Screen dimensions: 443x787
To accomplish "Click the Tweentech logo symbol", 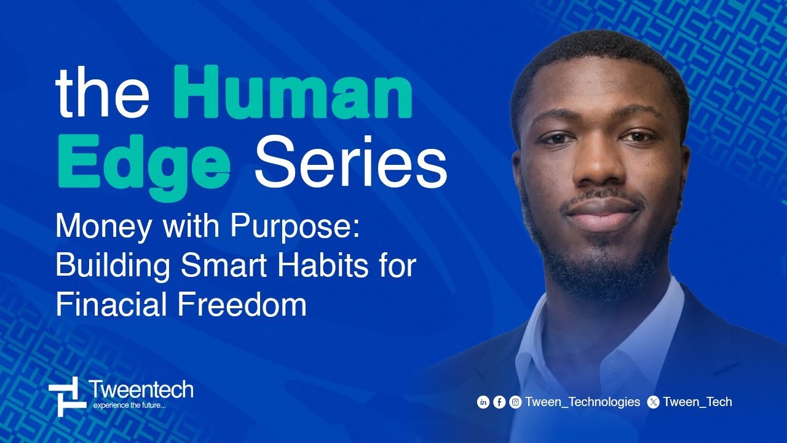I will click(67, 394).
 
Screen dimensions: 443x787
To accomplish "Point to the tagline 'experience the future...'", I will click(129, 405).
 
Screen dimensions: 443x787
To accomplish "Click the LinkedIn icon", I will click(483, 402).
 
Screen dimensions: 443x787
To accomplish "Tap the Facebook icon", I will click(499, 402).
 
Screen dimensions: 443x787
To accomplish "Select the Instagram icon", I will click(515, 402).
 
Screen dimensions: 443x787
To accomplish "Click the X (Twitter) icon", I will click(654, 402).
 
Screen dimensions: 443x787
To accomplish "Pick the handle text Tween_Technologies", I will click(583, 402).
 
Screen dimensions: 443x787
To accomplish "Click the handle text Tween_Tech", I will click(698, 402).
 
